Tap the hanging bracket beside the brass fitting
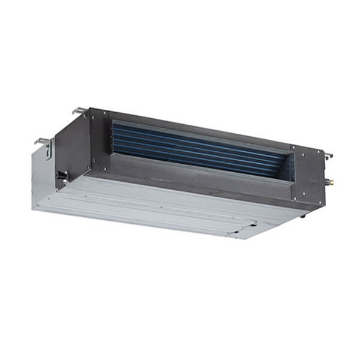328,156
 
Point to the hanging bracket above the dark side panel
80,112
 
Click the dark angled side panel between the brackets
72,144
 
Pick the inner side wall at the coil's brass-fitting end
289,167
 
